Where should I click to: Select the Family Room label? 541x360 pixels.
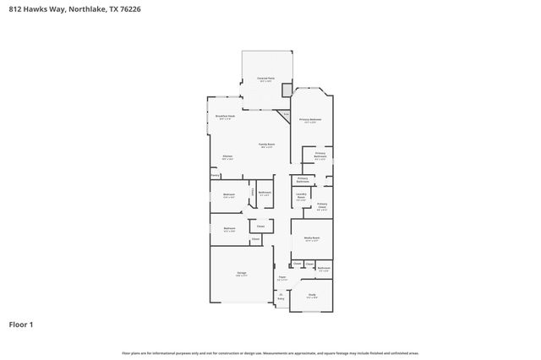pos(266,145)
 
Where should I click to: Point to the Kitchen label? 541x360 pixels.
pos(227,156)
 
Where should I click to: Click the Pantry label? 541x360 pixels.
pos(216,175)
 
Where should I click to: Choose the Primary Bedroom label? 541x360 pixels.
pos(310,120)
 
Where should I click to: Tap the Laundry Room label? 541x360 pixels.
pos(301,195)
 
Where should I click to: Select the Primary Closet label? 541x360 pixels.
pos(322,205)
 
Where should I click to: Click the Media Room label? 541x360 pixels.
pos(311,238)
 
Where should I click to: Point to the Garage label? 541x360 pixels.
pos(241,273)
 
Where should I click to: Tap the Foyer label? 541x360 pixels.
pos(282,277)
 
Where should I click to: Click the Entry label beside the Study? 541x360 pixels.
pos(281,296)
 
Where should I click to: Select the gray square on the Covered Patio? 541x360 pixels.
pos(287,90)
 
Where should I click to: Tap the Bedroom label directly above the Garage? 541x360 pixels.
pos(229,228)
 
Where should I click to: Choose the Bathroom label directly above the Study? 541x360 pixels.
pos(324,268)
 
